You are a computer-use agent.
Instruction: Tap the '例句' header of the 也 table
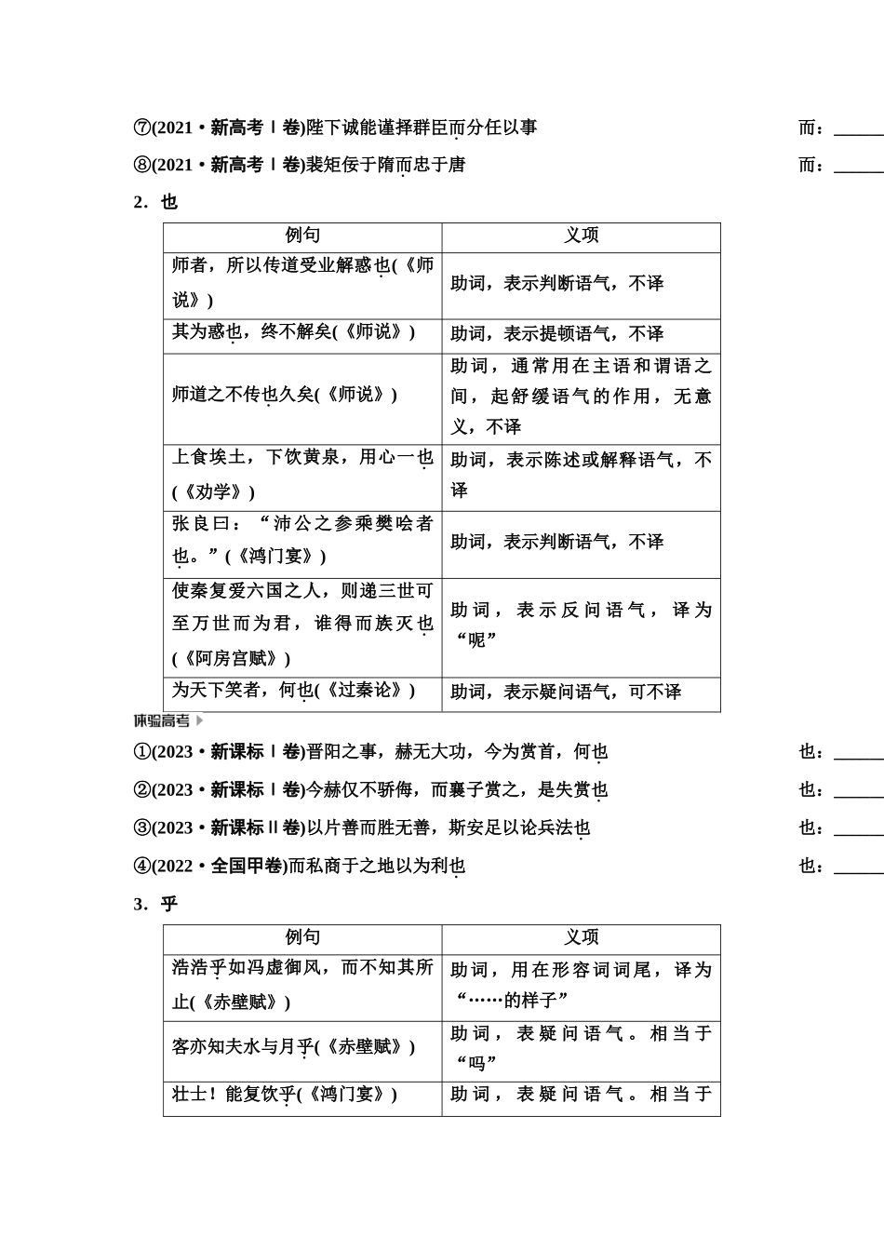(302, 236)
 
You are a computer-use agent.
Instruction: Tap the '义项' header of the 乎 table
(581, 938)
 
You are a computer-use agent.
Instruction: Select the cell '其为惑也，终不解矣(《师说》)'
(293, 332)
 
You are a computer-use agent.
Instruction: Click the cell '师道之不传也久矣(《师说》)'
(285, 395)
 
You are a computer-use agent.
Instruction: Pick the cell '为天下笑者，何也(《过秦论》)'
(293, 691)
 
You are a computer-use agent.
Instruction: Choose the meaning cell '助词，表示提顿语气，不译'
(556, 333)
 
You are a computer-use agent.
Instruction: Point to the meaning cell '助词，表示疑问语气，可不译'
(566, 692)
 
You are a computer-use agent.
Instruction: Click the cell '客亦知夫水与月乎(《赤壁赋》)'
(293, 1047)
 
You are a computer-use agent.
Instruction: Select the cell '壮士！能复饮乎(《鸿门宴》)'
(285, 1095)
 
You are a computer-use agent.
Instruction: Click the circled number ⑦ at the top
(141, 128)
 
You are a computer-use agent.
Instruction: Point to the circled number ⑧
(141, 166)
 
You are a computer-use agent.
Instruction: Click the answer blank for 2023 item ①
(858, 754)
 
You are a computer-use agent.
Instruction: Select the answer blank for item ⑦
(858, 129)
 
